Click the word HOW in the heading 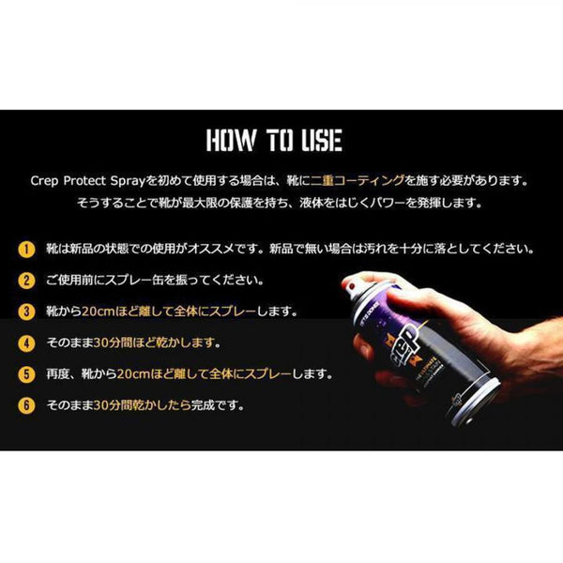tap(232, 140)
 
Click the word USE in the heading tap(322, 140)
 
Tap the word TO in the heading tap(280, 140)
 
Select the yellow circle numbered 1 tap(26, 250)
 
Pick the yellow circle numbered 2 tap(26, 281)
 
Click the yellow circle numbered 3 tap(26, 312)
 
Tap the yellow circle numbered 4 tap(26, 343)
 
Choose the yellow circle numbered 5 tap(26, 374)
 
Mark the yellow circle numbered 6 tap(26, 405)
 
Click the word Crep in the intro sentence tap(44, 181)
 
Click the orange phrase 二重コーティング tap(358, 180)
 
